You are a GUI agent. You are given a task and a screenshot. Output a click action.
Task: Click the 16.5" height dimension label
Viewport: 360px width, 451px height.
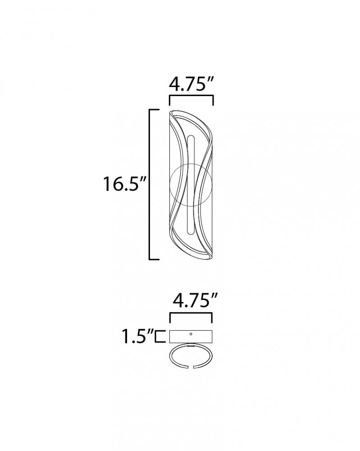click(125, 184)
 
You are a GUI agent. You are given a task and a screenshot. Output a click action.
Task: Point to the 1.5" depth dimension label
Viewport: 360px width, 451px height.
click(137, 336)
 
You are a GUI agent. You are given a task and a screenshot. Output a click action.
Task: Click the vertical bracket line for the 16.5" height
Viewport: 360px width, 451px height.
click(150, 184)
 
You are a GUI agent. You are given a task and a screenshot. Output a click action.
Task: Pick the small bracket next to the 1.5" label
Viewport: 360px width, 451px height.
click(160, 336)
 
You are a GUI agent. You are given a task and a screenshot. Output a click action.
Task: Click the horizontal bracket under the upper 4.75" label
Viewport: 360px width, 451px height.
click(191, 96)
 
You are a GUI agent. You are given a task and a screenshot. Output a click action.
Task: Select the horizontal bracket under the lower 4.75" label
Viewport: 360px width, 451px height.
click(191, 313)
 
